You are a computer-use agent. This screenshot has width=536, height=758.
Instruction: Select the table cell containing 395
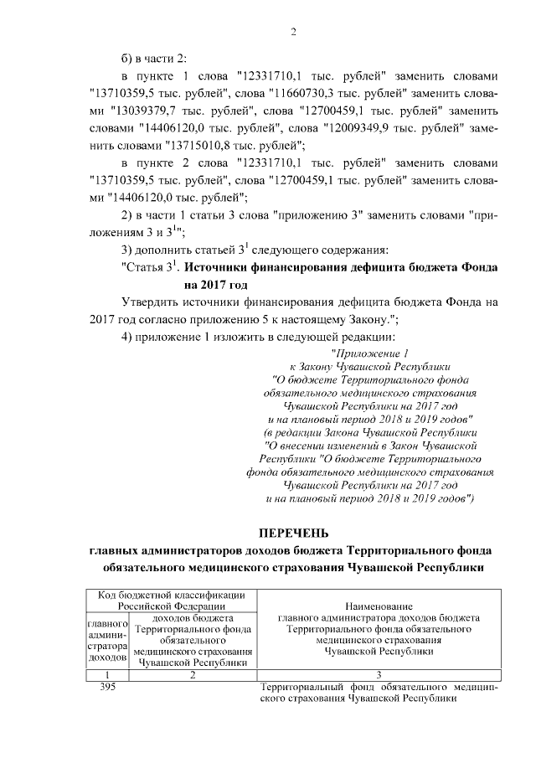[107, 688]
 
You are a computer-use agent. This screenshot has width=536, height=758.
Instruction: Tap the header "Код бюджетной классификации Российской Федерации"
[171, 600]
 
